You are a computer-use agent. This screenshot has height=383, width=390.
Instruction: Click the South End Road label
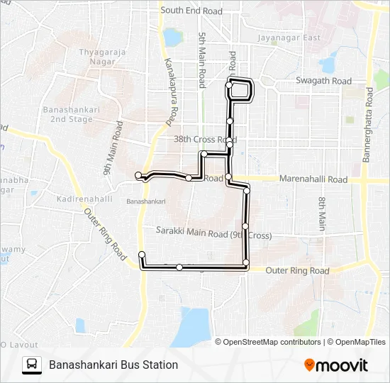coord(191,11)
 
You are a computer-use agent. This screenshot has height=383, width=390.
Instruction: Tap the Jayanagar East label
coord(289,38)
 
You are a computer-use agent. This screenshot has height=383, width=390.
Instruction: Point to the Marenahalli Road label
coord(313,179)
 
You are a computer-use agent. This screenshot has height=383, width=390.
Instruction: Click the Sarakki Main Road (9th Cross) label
coord(213,234)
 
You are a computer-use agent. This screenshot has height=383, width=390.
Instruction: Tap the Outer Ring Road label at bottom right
coord(298,271)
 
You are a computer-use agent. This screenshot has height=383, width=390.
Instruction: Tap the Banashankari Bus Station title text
coord(113,365)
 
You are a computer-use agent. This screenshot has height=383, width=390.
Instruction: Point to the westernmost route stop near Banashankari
coord(138,174)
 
